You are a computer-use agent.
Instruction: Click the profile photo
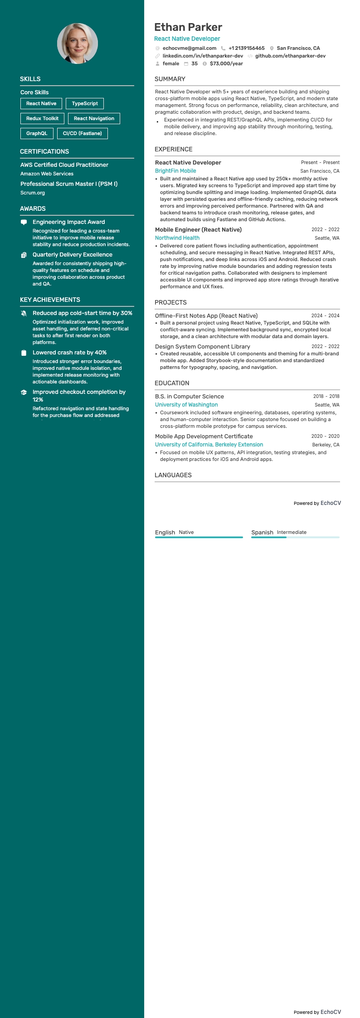[78, 44]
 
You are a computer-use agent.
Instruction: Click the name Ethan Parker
[188, 27]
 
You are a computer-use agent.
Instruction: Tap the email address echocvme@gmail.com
[190, 48]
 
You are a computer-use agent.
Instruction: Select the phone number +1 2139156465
[246, 48]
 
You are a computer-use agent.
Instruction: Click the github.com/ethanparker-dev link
[290, 56]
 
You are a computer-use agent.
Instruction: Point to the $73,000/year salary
[226, 63]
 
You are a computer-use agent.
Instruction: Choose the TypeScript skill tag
[85, 103]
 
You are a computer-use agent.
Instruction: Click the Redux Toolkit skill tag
[42, 118]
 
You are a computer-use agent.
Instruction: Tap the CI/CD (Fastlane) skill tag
[82, 133]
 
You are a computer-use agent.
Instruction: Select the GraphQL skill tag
[37, 133]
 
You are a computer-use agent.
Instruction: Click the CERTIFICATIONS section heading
[44, 151]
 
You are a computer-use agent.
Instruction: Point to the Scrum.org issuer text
[33, 193]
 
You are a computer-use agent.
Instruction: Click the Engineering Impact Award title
[68, 222]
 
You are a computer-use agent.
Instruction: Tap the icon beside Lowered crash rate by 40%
[24, 353]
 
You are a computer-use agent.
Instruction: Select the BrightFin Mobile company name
[175, 171]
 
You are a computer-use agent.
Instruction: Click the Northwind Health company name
[177, 238]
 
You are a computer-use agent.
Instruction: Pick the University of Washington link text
[186, 405]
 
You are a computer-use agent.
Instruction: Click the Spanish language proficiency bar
[295, 537]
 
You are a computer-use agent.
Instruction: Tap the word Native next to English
[186, 532]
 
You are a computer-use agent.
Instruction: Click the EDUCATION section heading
[172, 383]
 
